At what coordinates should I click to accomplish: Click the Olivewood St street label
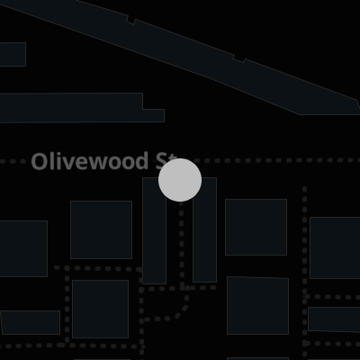(103, 161)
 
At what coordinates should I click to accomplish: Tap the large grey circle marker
(180, 180)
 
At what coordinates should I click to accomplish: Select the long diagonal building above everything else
(186, 57)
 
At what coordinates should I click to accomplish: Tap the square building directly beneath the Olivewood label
(101, 229)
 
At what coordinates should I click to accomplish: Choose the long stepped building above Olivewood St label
(81, 108)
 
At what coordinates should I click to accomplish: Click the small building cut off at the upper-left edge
(13, 54)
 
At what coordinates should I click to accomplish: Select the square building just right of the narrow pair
(256, 227)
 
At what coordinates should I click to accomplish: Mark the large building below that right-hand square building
(257, 305)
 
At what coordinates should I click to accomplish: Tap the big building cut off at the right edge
(335, 247)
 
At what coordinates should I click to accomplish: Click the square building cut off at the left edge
(23, 248)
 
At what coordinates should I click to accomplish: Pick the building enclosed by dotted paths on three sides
(100, 309)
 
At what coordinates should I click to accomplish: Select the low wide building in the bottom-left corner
(30, 322)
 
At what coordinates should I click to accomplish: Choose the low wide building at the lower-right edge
(334, 319)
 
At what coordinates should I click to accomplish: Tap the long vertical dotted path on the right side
(305, 272)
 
